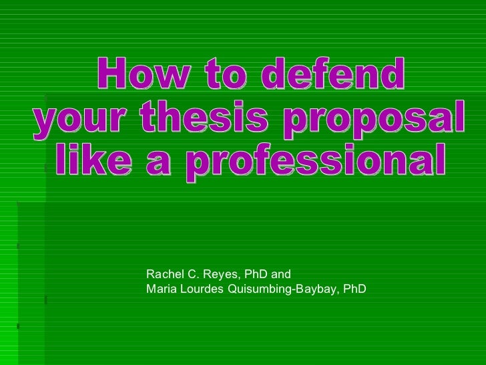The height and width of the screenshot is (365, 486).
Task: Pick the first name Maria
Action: [161, 289]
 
